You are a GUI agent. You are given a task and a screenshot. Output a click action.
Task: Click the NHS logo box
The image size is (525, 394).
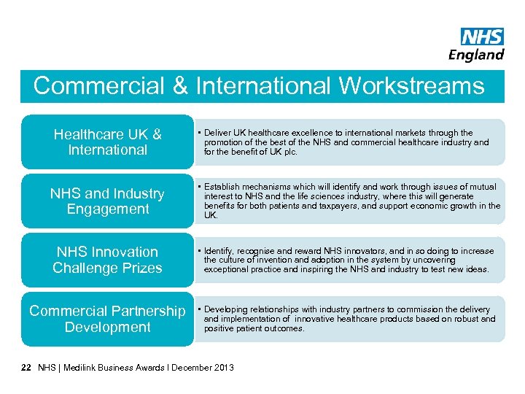click(482, 36)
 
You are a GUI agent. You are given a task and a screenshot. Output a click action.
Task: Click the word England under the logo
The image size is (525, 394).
click(476, 55)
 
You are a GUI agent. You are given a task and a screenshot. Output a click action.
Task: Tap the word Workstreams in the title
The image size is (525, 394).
click(411, 86)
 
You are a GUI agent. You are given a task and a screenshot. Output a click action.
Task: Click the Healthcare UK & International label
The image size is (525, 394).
click(107, 142)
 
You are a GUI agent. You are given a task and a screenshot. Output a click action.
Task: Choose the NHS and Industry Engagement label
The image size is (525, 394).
click(107, 201)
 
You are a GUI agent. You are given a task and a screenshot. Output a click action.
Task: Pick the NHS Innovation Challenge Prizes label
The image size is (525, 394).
click(107, 260)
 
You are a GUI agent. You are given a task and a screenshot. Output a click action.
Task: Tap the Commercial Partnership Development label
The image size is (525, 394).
click(107, 319)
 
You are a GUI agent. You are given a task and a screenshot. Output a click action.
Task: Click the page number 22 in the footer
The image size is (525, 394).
click(26, 367)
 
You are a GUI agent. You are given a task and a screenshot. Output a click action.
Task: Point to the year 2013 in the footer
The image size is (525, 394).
click(223, 367)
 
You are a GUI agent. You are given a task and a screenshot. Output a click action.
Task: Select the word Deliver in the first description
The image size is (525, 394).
click(217, 133)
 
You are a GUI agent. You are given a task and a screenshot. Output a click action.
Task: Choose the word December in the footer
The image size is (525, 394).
click(192, 367)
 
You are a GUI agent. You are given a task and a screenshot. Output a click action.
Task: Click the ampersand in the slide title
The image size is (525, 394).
click(179, 86)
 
